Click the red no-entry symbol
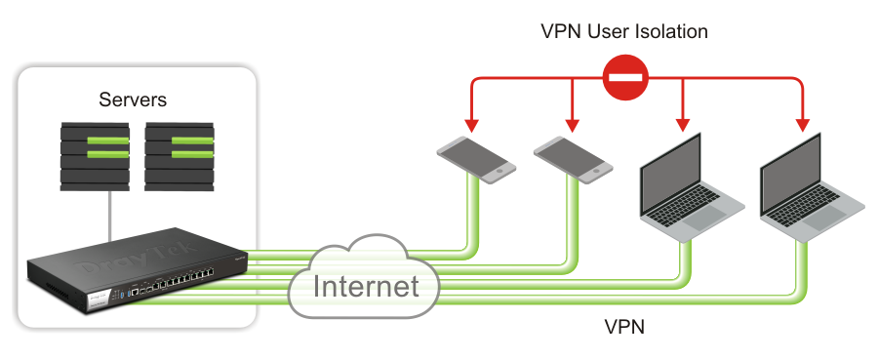625,78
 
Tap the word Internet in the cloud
366,286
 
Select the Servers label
133,100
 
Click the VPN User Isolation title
624,31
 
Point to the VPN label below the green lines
624,326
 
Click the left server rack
95,157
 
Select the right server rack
180,157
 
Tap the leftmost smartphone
476,160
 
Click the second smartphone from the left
573,160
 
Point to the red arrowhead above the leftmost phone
472,126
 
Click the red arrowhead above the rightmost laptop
804,126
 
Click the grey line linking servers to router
110,217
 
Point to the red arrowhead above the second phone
572,126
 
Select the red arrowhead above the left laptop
682,126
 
